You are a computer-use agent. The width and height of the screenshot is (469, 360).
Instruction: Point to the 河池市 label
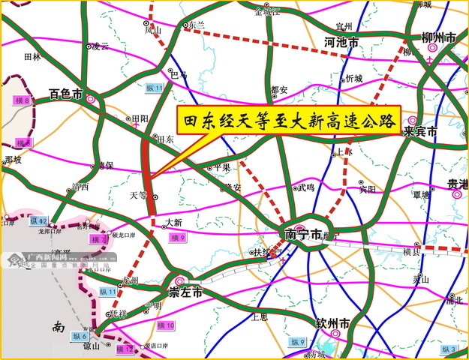341,43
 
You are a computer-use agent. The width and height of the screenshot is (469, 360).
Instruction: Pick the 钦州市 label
335,324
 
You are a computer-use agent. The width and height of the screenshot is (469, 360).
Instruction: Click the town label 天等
139,195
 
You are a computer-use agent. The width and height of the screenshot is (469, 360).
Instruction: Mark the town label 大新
173,223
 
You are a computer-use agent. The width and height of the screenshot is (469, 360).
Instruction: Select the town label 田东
165,139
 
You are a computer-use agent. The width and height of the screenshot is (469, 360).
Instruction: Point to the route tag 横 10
165,325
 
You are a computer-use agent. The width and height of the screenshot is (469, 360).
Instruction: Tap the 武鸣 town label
306,188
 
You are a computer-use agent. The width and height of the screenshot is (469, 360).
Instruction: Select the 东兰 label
197,25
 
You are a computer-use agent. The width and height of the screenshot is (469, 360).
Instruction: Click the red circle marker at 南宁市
298,229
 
